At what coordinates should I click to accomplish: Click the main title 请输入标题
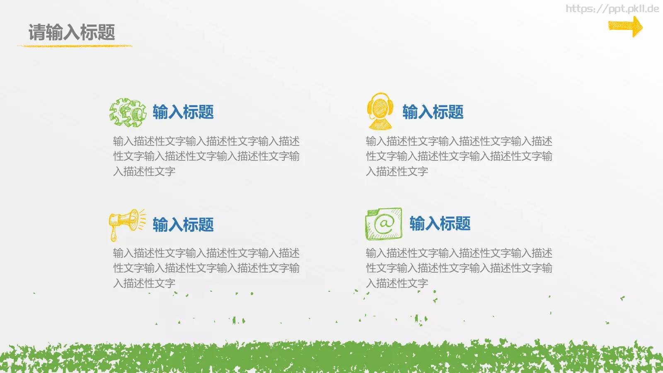point(72,32)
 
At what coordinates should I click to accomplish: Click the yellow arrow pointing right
point(625,27)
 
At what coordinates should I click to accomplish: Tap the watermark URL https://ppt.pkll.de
point(612,9)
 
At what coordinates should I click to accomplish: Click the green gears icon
point(128,112)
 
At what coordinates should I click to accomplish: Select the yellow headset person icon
point(380,111)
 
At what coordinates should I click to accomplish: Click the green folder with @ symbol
point(384,224)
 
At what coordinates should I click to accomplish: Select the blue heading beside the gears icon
point(183,112)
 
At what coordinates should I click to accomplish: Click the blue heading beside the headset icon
point(433,112)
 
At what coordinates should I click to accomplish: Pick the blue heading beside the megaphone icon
point(183,225)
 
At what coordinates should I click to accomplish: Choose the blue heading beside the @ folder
point(440,224)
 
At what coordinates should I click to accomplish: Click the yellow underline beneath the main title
point(75,46)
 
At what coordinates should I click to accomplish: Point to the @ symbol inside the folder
point(384,224)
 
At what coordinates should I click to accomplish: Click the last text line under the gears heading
point(144,172)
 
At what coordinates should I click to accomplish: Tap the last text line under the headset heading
point(397,172)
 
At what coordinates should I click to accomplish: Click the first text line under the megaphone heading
point(206,253)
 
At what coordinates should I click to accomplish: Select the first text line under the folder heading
point(459,253)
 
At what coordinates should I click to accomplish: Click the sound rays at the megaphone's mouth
point(142,219)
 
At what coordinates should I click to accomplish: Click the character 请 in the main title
point(36,32)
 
